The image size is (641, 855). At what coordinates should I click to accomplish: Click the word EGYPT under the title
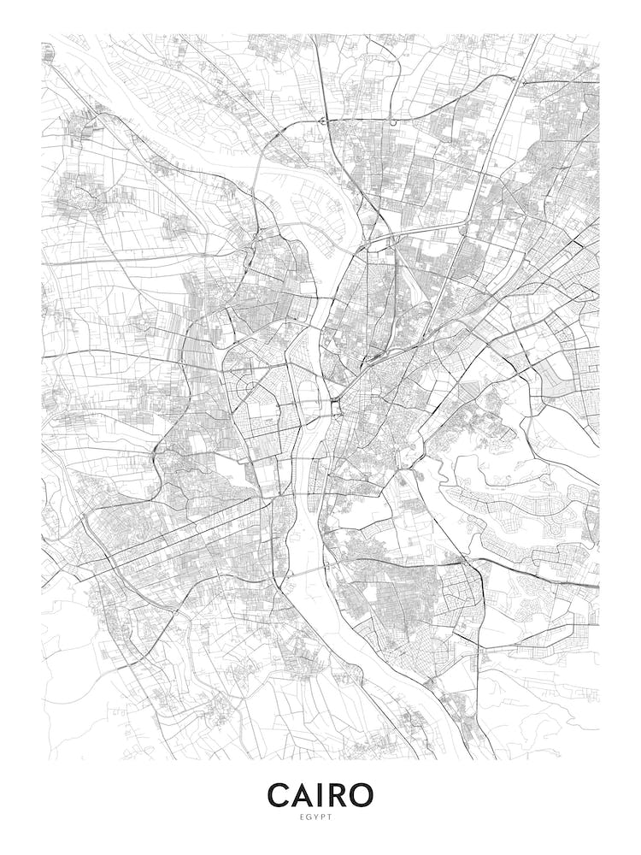click(320, 817)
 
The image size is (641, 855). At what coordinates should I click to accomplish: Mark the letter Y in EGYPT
click(320, 817)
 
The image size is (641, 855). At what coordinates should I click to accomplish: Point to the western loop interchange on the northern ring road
click(323, 121)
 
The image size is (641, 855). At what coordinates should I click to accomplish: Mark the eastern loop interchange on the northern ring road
click(393, 121)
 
